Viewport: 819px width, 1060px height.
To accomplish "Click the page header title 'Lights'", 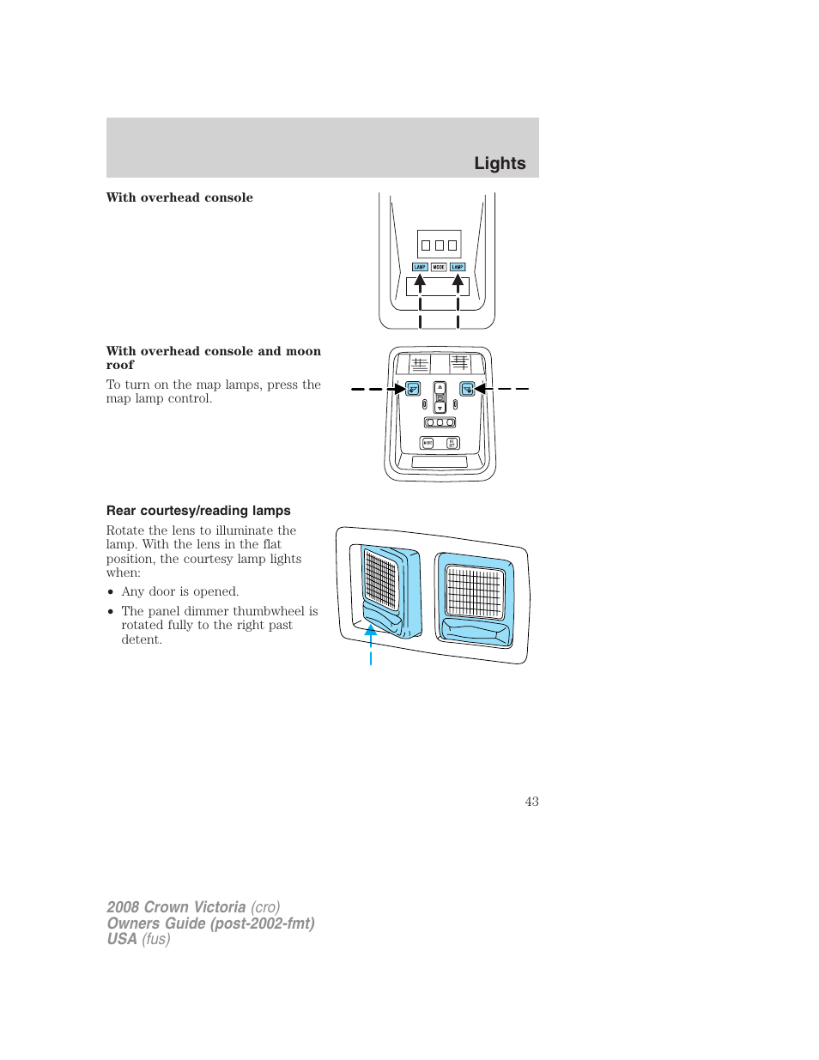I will click(500, 163).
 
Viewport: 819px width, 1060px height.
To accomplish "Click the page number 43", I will click(531, 801).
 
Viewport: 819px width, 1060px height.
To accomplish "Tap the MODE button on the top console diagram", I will click(439, 267).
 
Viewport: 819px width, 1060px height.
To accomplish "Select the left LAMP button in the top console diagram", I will click(420, 267).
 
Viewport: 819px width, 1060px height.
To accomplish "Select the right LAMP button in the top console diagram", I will click(458, 267).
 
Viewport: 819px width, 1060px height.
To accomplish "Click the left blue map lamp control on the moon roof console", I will click(413, 389).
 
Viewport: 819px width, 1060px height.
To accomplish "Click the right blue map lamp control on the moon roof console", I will click(467, 389).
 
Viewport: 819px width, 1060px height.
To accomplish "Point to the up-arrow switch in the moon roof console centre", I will click(440, 387).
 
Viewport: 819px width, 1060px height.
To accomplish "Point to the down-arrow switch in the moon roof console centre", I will click(440, 408).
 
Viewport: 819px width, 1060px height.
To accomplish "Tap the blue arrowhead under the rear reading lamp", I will click(371, 631).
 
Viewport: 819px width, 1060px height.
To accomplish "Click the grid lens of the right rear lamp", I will click(474, 591).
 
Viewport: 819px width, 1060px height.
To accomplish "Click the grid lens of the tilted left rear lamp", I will click(380, 579).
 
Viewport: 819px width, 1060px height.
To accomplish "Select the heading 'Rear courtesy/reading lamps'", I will click(198, 511).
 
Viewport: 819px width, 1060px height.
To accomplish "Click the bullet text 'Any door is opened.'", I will click(180, 591).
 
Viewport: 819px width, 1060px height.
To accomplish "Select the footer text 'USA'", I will click(122, 939).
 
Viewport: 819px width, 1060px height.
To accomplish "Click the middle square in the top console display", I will click(439, 245).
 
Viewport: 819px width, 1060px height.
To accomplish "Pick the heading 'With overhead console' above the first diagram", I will click(179, 197).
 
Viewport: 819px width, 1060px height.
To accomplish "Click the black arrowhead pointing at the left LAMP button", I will click(420, 281).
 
